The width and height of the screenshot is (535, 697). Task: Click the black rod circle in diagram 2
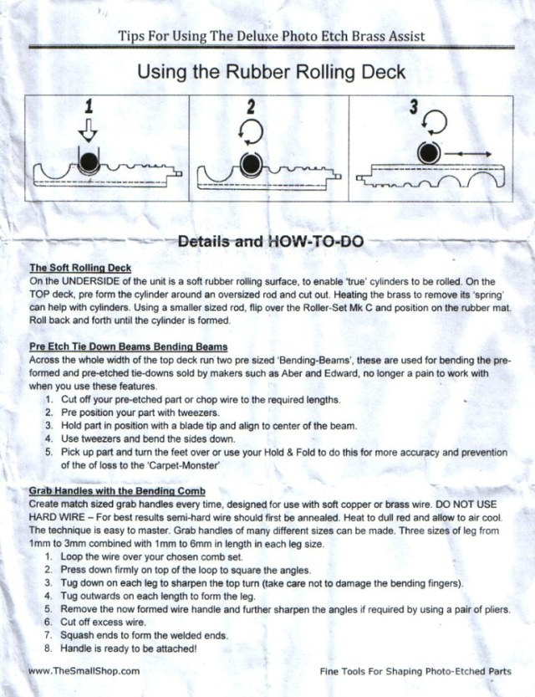click(251, 161)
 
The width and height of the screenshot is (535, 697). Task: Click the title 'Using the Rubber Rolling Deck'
click(271, 72)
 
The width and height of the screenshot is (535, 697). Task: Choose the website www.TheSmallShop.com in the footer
click(83, 670)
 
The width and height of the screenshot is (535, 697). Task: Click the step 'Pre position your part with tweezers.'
click(135, 413)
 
